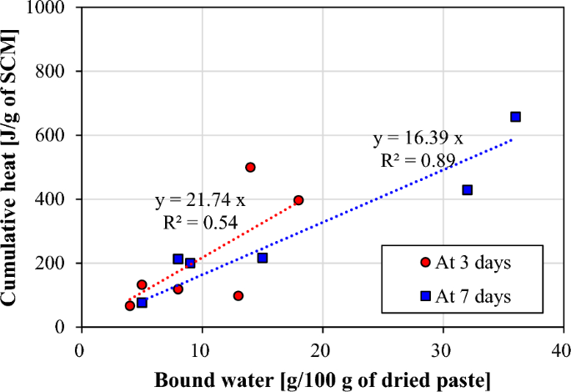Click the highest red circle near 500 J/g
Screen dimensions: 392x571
tap(250, 167)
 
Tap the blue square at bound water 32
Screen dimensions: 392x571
tap(468, 190)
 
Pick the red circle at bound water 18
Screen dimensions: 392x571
tap(298, 200)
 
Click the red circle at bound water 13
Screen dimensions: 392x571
tap(238, 295)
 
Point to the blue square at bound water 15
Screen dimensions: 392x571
tap(263, 258)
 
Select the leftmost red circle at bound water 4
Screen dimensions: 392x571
tap(129, 306)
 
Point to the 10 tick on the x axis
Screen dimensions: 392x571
tap(201, 344)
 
